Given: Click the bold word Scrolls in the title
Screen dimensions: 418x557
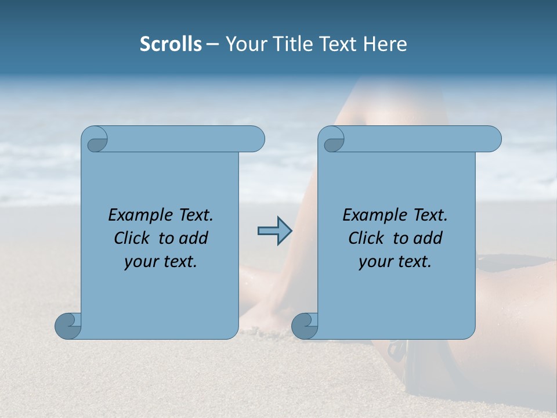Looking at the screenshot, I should tap(171, 44).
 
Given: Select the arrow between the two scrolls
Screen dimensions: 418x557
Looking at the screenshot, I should tap(274, 231).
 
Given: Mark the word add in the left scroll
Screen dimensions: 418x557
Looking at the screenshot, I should tap(194, 239).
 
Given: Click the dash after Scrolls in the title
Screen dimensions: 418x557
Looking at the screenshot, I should tap(213, 44).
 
